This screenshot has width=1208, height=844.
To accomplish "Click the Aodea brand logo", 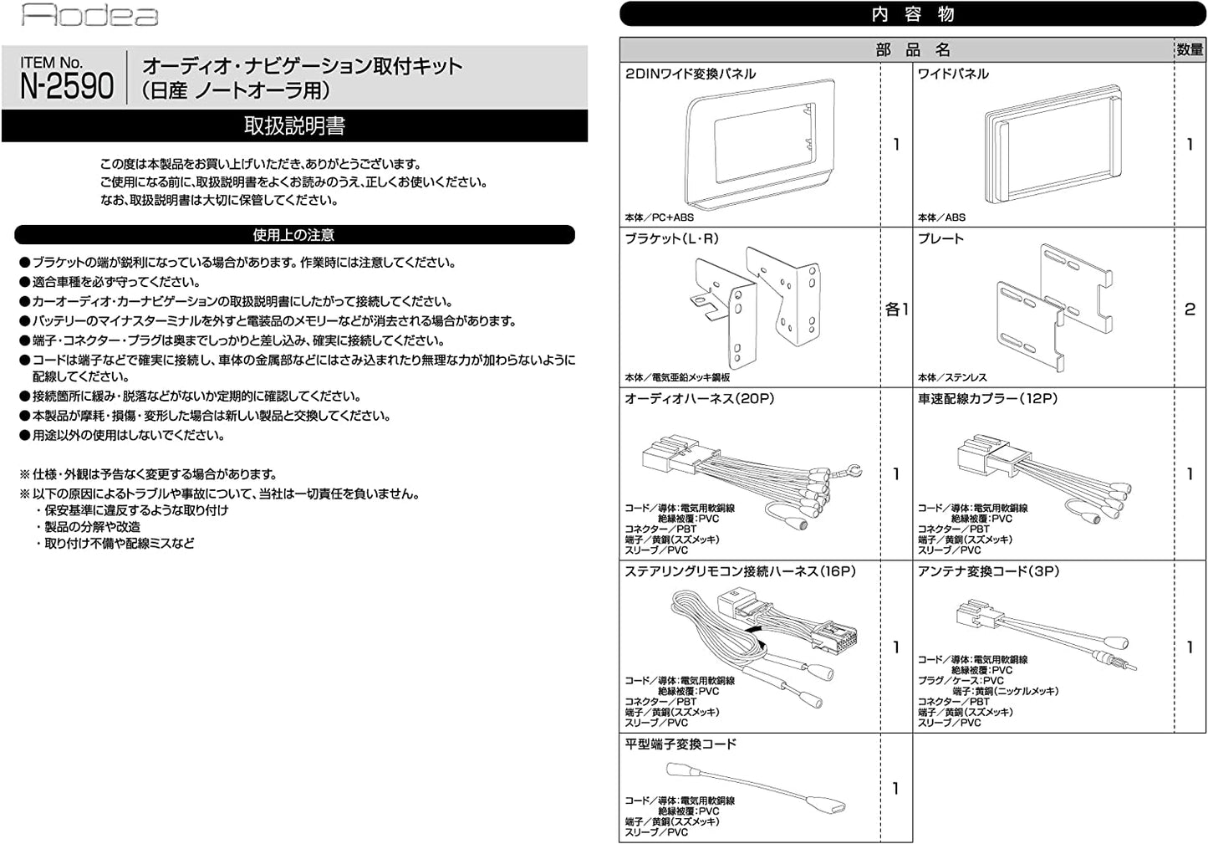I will (x=89, y=16).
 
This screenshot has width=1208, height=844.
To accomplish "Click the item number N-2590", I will (x=67, y=85).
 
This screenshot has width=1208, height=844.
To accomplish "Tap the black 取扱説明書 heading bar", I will (x=294, y=126).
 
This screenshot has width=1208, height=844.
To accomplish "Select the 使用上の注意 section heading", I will (x=294, y=235).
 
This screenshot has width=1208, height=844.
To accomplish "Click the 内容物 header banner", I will (x=912, y=14).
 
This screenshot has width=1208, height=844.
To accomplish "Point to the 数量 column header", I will (x=1190, y=50).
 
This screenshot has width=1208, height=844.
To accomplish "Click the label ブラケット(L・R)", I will (x=671, y=238).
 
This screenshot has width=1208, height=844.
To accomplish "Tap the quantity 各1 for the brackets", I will (x=896, y=309).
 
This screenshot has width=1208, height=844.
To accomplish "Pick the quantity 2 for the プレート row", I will (x=1190, y=309).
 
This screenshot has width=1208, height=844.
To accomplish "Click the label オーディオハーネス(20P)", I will (x=699, y=399).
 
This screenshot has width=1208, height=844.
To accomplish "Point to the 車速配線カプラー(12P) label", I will (x=987, y=399).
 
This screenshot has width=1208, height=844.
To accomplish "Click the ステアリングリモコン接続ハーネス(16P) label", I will (x=740, y=571).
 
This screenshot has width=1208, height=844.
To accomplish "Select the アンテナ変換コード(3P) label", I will (x=988, y=571).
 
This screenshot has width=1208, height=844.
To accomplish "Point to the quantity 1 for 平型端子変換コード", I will (x=896, y=789).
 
